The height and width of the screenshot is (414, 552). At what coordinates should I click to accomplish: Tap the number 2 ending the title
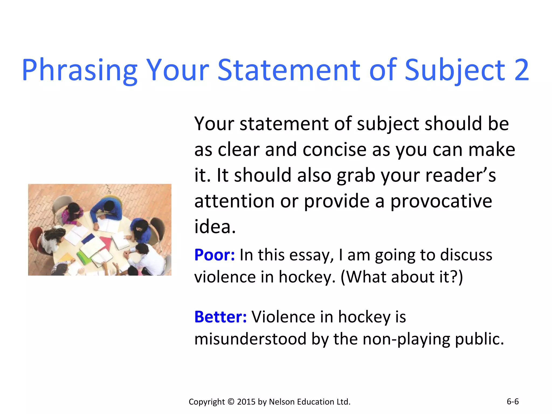click(x=522, y=70)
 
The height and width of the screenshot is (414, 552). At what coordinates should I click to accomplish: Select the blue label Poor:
click(x=215, y=255)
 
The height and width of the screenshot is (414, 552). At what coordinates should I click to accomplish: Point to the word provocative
click(x=441, y=201)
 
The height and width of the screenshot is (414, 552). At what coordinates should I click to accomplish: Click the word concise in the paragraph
click(x=334, y=150)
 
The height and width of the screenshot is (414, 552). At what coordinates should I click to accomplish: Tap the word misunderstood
click(x=250, y=339)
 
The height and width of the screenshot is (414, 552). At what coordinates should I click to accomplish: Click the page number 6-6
click(x=513, y=402)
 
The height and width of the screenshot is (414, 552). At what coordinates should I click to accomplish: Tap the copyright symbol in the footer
click(x=231, y=402)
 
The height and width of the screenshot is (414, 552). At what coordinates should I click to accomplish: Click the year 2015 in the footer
click(x=246, y=402)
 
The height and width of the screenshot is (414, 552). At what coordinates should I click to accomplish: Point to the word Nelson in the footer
click(x=282, y=402)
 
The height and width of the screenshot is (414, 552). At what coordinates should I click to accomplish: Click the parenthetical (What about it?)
click(x=402, y=277)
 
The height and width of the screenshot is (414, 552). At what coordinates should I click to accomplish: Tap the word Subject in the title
click(x=455, y=70)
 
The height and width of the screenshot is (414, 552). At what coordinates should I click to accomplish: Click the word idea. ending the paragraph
click(x=215, y=227)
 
